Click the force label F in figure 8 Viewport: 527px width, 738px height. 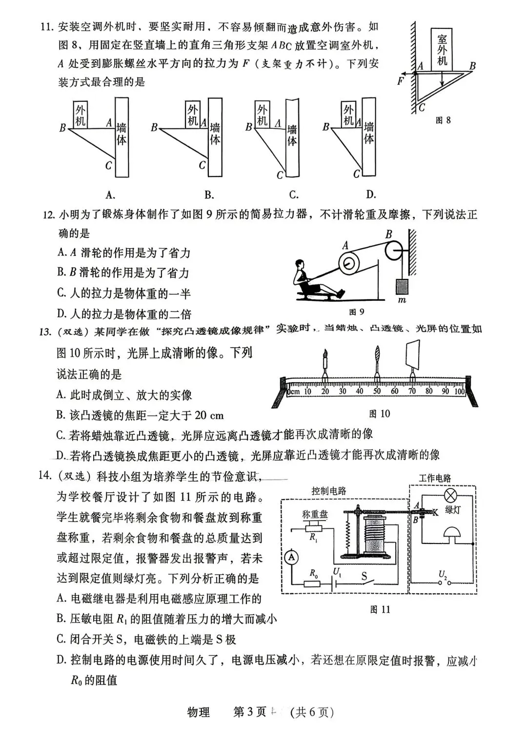point(401,81)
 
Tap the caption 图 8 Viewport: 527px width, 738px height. point(443,120)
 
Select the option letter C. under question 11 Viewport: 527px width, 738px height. point(294,195)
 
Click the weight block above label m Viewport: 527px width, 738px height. point(402,286)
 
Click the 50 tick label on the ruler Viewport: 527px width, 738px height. point(377,390)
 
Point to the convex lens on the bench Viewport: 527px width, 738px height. point(377,360)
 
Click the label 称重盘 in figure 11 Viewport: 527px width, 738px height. point(315,514)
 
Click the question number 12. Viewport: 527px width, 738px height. point(48,214)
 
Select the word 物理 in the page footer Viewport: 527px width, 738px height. point(199,712)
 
